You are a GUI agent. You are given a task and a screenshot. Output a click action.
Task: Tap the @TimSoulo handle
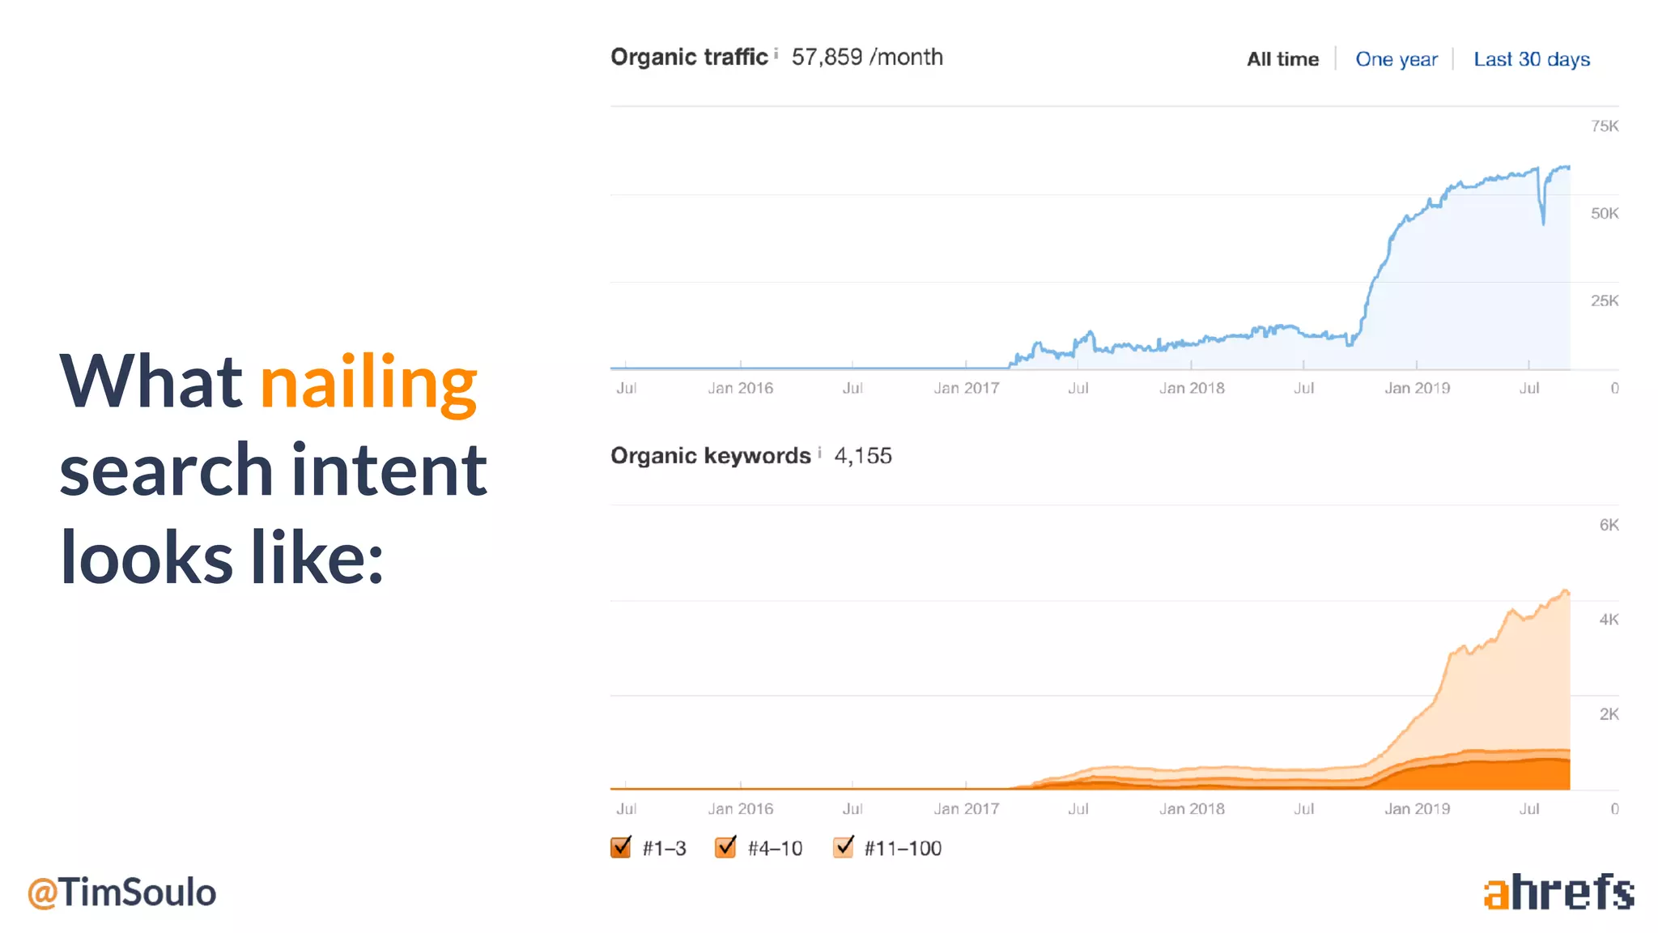click(x=121, y=893)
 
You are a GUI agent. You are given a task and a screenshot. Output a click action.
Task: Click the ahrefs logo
click(x=1558, y=893)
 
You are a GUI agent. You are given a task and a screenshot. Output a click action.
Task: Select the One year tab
click(x=1397, y=59)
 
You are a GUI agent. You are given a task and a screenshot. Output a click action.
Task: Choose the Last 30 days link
click(x=1531, y=59)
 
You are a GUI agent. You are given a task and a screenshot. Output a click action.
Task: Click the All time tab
click(x=1282, y=59)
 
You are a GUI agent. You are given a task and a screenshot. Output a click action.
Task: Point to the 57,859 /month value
click(x=866, y=57)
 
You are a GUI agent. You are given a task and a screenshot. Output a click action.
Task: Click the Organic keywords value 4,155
click(x=863, y=456)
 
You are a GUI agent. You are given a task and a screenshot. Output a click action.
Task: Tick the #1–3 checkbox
click(x=621, y=847)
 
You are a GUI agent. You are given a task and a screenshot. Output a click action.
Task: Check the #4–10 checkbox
click(x=725, y=847)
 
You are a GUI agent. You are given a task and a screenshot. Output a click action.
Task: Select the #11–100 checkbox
click(x=843, y=847)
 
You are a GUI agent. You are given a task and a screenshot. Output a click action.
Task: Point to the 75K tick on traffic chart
click(x=1604, y=126)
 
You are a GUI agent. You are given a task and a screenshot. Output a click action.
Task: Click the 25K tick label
click(x=1604, y=301)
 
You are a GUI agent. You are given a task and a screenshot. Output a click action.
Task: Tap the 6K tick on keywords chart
click(x=1608, y=525)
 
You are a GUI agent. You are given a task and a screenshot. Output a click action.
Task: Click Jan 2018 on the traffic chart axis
click(x=1192, y=388)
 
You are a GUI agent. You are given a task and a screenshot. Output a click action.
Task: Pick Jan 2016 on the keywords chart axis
click(x=740, y=808)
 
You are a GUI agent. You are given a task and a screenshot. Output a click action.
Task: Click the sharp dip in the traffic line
click(x=1543, y=219)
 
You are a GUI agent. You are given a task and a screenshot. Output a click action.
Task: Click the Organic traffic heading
click(x=689, y=57)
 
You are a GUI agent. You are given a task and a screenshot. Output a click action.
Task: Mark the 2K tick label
click(x=1608, y=714)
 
